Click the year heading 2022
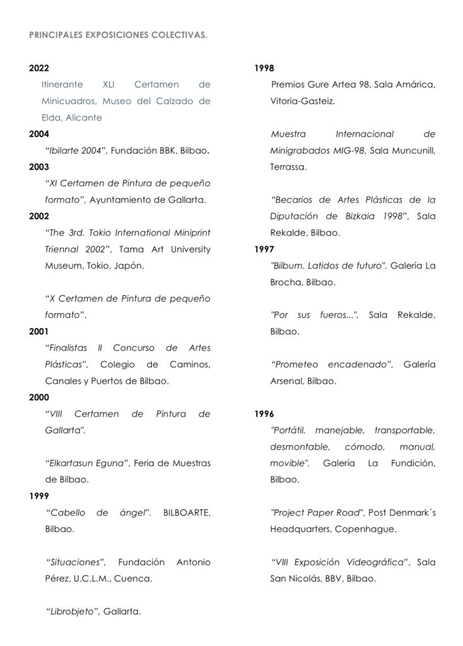point(39,68)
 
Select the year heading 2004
point(39,134)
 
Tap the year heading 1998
point(264,68)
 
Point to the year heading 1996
point(264,414)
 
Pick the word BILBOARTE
point(187,512)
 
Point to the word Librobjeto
point(73,611)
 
